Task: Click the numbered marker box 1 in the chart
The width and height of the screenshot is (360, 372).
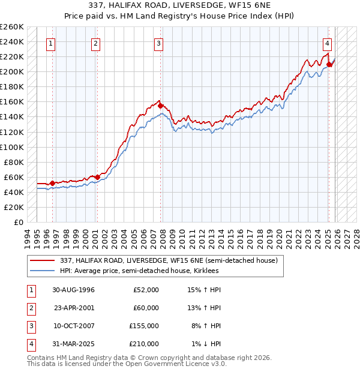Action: point(51,43)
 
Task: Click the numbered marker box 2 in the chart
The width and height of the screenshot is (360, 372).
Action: point(96,43)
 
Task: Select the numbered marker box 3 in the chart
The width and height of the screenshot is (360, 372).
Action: point(158,43)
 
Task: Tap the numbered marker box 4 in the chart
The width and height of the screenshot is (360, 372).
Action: point(327,43)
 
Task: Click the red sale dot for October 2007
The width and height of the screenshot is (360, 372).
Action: point(161,106)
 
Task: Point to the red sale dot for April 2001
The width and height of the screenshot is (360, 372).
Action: point(98,177)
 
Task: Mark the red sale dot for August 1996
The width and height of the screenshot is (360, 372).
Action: point(53,183)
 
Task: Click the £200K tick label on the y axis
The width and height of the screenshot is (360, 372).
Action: point(12,71)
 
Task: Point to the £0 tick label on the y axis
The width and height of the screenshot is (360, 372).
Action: point(19,222)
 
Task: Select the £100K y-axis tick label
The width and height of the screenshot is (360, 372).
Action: point(12,147)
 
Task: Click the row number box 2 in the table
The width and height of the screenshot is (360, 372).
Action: point(30,308)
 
